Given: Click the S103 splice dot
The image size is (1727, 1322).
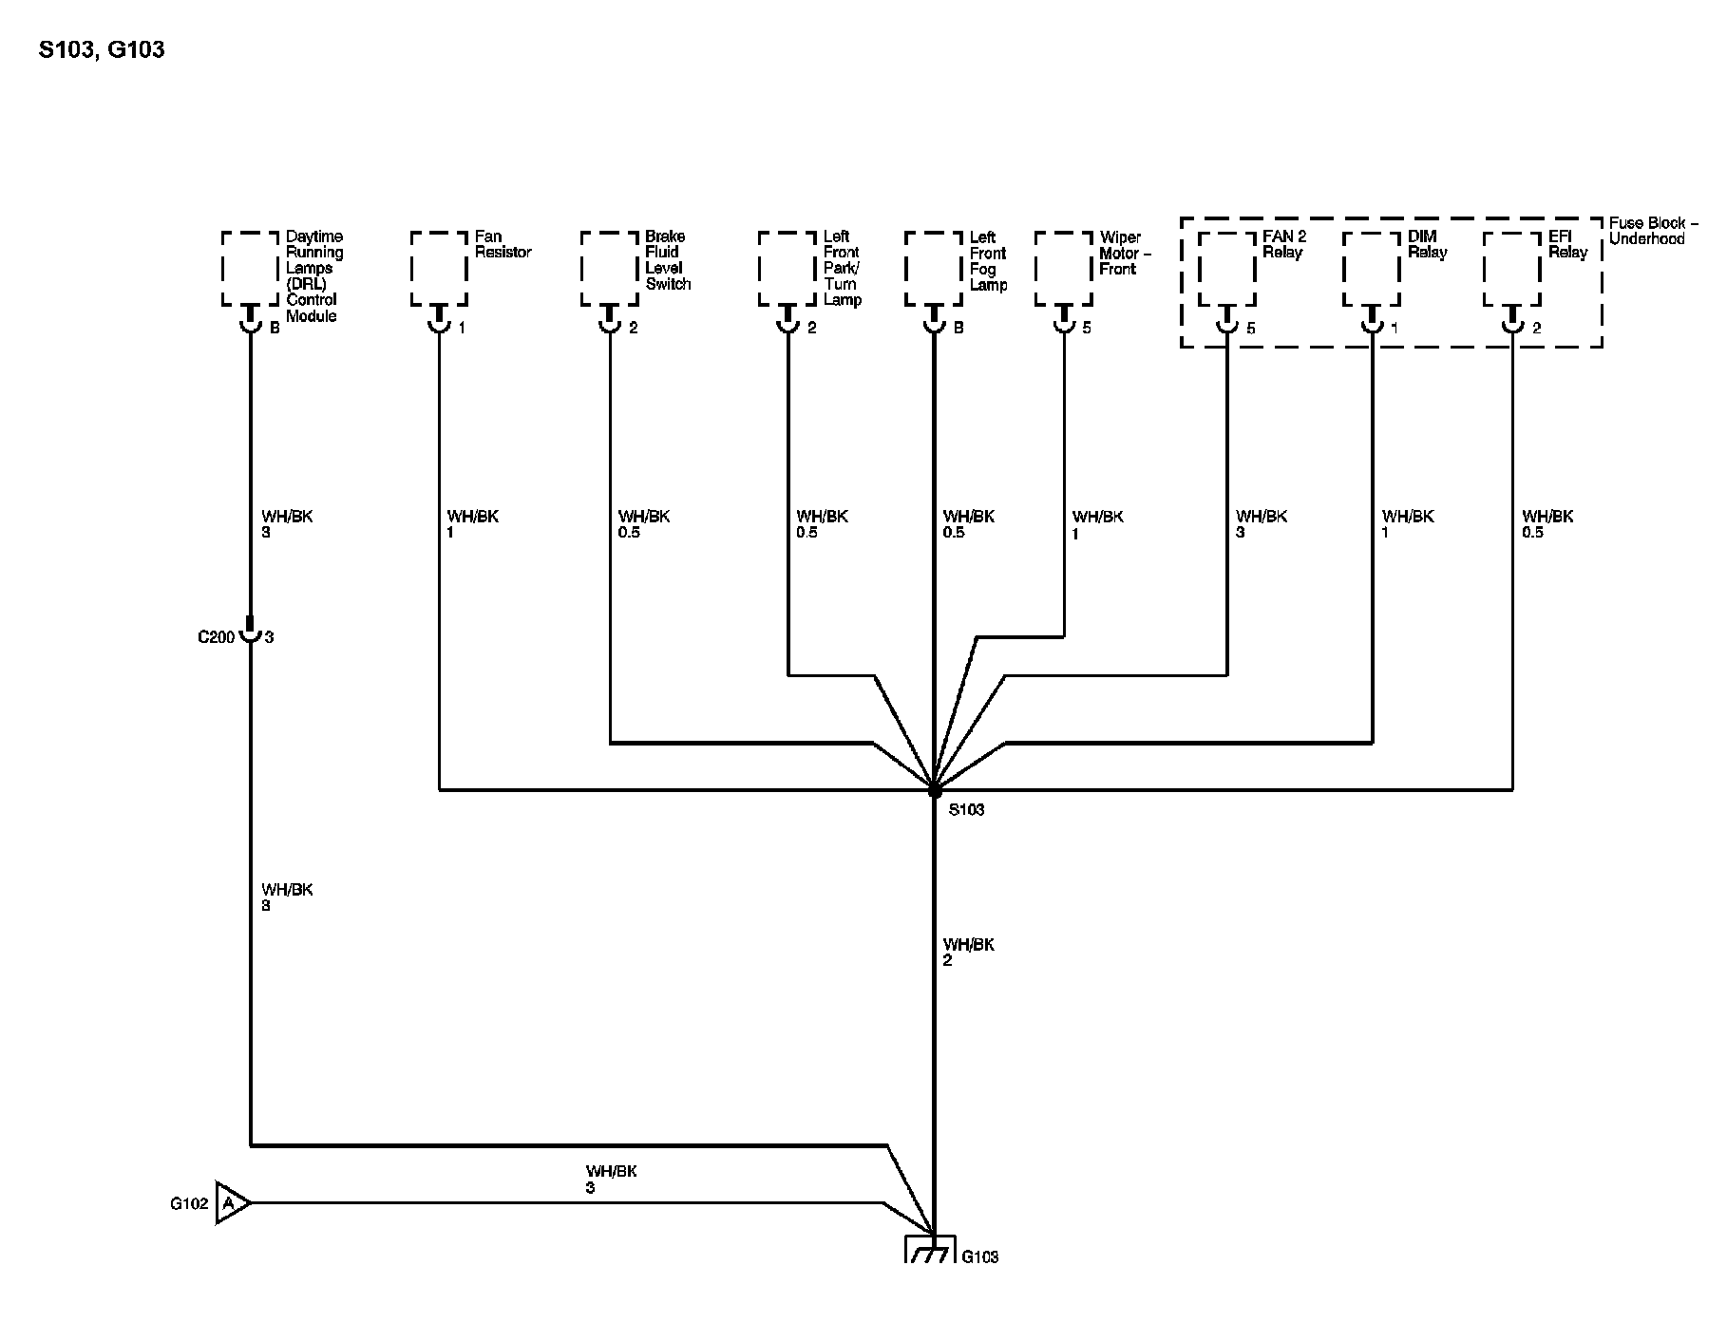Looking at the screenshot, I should tap(934, 789).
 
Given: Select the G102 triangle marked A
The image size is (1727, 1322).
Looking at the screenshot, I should tap(231, 1203).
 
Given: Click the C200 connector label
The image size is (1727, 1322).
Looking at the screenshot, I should tap(216, 637).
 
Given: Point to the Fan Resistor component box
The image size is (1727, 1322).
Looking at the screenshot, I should tap(439, 269).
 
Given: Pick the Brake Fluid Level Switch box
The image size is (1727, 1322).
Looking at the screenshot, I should tap(609, 269).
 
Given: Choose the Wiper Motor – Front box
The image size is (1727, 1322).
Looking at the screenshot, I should tap(1063, 269).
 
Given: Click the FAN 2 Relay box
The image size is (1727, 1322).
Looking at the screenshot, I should tap(1226, 269).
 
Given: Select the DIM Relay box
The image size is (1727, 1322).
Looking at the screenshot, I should tap(1371, 269).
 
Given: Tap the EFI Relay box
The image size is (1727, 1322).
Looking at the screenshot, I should tap(1511, 269).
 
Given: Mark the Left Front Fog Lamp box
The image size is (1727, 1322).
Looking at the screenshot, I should tap(934, 269).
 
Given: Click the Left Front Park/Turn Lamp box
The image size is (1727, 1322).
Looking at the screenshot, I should tap(788, 269).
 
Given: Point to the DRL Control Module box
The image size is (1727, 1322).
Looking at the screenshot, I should tap(250, 269).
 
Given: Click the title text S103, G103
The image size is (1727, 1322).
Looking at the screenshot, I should tap(102, 49).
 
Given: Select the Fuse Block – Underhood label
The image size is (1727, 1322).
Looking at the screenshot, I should tap(1654, 231).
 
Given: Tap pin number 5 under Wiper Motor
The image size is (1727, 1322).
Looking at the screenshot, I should tap(1087, 328).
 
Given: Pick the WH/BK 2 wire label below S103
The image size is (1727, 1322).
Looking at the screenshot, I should tap(968, 953).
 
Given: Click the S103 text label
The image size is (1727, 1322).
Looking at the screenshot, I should tap(966, 810).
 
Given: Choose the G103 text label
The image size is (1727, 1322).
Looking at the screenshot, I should tap(980, 1257).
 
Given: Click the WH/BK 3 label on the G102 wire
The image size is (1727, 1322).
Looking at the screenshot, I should tap(611, 1180).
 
